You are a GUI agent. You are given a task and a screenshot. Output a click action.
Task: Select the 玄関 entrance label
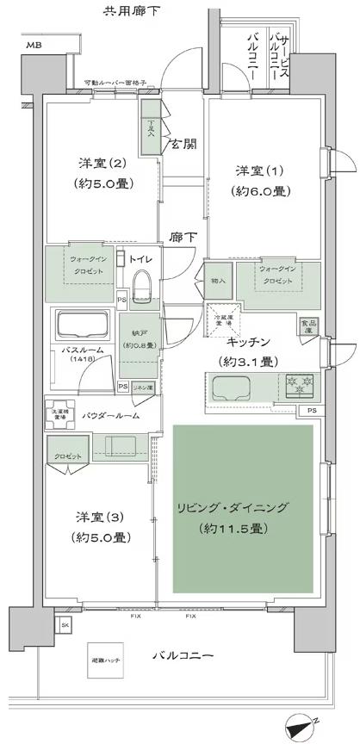click(x=181, y=143)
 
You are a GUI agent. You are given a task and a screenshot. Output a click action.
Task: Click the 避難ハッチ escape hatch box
click(x=107, y=660)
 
